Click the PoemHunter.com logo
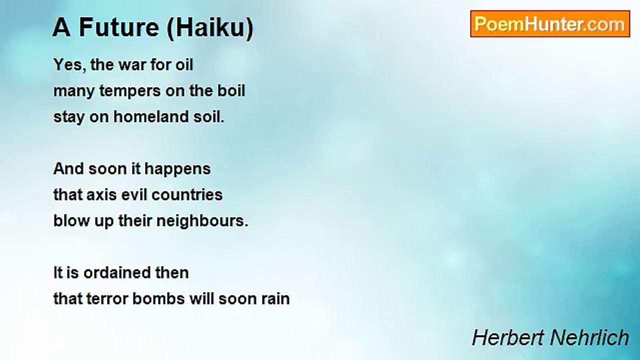click(x=550, y=24)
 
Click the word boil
click(x=231, y=90)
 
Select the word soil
click(x=207, y=116)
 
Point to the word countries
click(x=187, y=194)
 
